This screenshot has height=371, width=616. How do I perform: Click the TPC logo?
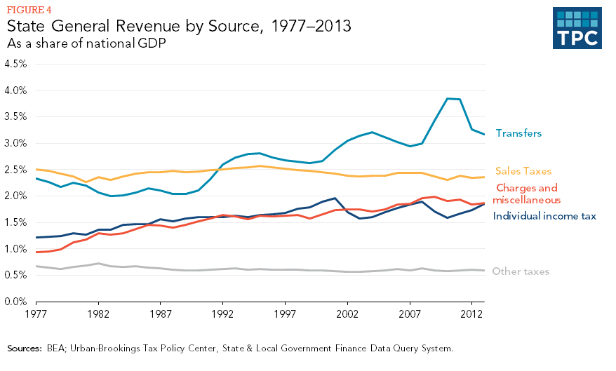coord(577,29)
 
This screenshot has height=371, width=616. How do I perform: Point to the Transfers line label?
coord(518,133)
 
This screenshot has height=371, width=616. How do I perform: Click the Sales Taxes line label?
coord(523,171)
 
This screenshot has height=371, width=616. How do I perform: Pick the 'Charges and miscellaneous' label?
coord(526,194)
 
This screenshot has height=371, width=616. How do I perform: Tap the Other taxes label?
coord(521,271)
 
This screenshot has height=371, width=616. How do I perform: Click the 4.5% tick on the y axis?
coord(16,64)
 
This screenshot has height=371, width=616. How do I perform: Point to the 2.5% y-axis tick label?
coord(16,169)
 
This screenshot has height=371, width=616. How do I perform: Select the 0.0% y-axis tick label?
coord(16,302)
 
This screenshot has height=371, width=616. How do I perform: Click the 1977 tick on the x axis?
coord(35,314)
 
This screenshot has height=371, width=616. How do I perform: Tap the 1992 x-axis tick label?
coord(222,314)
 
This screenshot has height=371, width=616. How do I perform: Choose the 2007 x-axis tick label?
coord(410,314)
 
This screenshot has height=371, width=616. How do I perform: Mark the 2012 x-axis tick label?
coord(472,314)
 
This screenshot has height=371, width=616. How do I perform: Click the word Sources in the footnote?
coord(24,348)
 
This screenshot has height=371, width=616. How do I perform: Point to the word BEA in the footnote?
coord(56,348)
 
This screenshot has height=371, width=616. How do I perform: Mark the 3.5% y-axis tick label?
coord(16,116)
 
